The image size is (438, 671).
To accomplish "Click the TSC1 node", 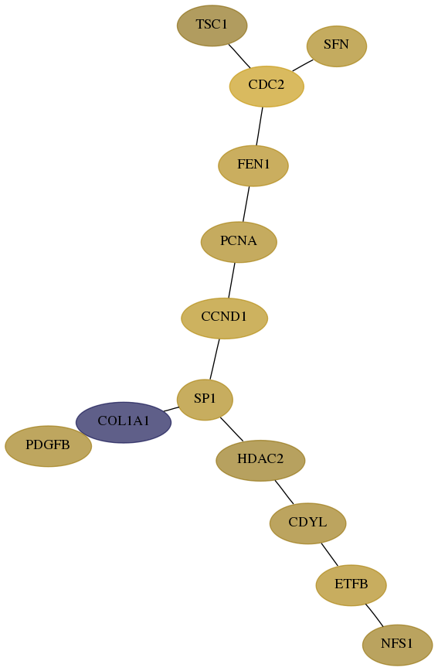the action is pyautogui.click(x=212, y=26).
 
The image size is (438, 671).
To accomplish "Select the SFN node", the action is pyautogui.click(x=337, y=46).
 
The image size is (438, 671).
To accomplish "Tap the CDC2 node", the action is pyautogui.click(x=267, y=86).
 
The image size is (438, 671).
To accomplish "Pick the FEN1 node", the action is pyautogui.click(x=253, y=165).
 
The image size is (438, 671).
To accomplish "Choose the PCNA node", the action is pyautogui.click(x=239, y=242).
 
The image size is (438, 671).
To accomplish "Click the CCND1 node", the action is pyautogui.click(x=224, y=318).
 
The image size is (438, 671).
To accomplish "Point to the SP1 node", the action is pyautogui.click(x=205, y=399).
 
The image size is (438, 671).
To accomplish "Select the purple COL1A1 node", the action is pyautogui.click(x=124, y=422).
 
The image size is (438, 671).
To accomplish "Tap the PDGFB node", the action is pyautogui.click(x=48, y=446).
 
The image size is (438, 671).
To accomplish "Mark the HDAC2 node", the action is pyautogui.click(x=260, y=460).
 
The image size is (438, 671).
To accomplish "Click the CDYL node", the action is pyautogui.click(x=307, y=523).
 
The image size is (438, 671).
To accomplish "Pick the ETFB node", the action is pyautogui.click(x=351, y=585).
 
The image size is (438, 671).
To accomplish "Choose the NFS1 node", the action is pyautogui.click(x=397, y=645).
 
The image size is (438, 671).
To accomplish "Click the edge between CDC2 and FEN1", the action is pyautogui.click(x=260, y=126).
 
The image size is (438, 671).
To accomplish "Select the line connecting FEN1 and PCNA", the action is pyautogui.click(x=246, y=204).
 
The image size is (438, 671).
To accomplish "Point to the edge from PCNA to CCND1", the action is pyautogui.click(x=232, y=281).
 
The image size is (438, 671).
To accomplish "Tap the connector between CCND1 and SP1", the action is pyautogui.click(x=215, y=359).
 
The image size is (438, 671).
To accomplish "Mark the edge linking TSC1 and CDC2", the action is pyautogui.click(x=239, y=56).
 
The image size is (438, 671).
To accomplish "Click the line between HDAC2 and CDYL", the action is pyautogui.click(x=284, y=492).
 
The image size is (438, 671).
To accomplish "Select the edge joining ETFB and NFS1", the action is pyautogui.click(x=374, y=615).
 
